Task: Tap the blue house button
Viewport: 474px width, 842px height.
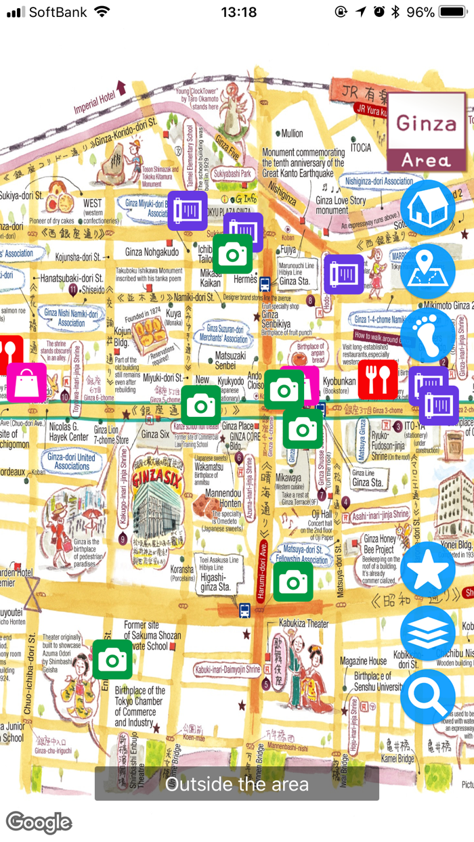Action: (427, 208)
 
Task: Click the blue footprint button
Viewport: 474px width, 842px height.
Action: (427, 336)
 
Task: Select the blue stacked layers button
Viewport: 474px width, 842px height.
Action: (427, 633)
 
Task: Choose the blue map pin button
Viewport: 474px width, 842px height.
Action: (427, 271)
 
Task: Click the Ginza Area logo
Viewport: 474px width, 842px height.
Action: (427, 132)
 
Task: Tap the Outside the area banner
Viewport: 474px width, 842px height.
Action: (236, 784)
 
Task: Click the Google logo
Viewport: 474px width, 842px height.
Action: (39, 822)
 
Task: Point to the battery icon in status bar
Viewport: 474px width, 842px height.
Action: (452, 12)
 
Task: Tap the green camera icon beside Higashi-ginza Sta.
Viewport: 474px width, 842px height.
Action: (293, 581)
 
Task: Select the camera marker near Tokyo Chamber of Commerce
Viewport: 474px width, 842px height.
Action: (112, 659)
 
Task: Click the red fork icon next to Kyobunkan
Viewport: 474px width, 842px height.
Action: (378, 380)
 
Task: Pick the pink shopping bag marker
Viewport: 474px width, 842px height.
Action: (27, 383)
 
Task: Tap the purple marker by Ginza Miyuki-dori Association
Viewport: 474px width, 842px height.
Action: (188, 210)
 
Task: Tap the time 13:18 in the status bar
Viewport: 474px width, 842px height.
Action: (238, 12)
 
